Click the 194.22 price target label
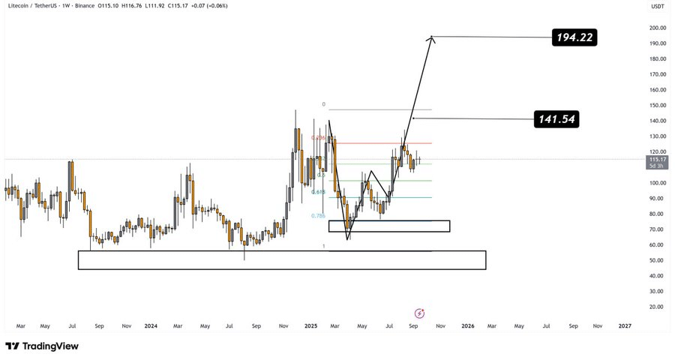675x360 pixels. point(574,37)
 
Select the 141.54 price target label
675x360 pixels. point(556,118)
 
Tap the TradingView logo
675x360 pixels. point(42,346)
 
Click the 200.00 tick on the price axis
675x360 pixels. point(658,28)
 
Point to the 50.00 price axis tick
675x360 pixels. point(658,260)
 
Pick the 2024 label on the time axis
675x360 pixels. point(151,326)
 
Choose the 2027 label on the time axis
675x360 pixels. point(624,326)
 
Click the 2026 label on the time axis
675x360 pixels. point(467,326)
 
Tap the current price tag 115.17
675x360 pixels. point(658,159)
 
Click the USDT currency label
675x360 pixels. point(658,6)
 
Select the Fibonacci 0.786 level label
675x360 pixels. point(318,216)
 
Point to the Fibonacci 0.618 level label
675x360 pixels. point(319,193)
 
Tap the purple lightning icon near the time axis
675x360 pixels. point(420,312)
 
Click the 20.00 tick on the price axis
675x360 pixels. point(658,307)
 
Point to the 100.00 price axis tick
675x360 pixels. point(658,183)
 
